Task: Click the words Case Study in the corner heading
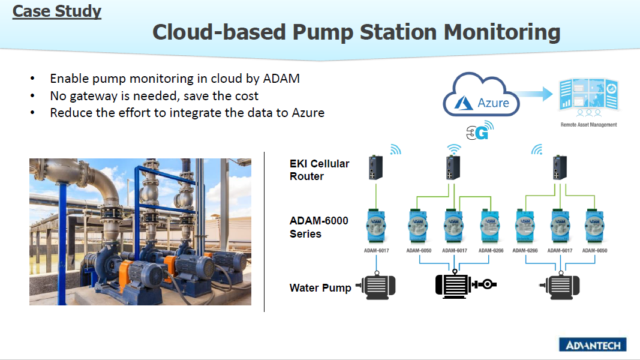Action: tap(57, 11)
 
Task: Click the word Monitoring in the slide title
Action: tap(501, 32)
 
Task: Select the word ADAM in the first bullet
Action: tap(281, 79)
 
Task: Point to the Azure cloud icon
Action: tap(481, 95)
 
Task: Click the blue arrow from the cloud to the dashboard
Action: tap(533, 94)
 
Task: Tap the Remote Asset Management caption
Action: tap(588, 125)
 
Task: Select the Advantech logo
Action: tap(593, 345)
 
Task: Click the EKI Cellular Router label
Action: tap(319, 170)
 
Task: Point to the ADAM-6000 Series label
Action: tap(319, 227)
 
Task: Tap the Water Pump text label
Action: tap(320, 288)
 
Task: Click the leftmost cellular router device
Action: tap(376, 168)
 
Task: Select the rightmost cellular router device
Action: tap(560, 168)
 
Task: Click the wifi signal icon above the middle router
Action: tap(454, 149)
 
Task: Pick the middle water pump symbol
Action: tap(465, 284)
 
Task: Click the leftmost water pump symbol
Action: tap(376, 286)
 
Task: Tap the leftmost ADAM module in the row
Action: tap(376, 227)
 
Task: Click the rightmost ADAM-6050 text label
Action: tap(594, 251)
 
